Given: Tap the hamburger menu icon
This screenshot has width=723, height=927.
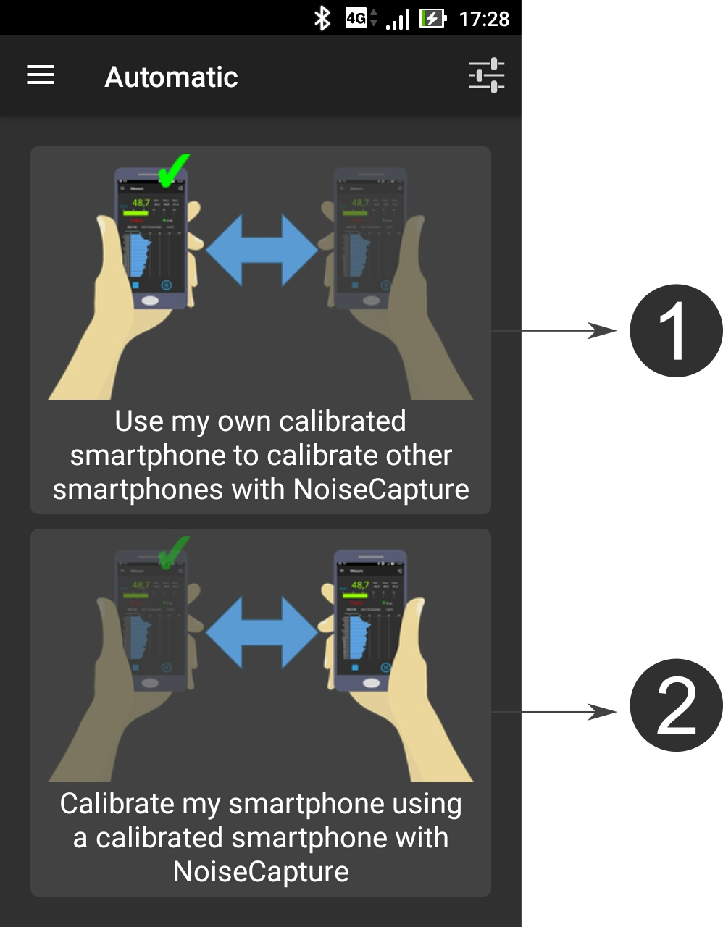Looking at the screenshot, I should (x=41, y=75).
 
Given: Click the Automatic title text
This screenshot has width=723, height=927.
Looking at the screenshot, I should (x=171, y=77).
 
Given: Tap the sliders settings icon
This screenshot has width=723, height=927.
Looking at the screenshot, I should (x=486, y=75).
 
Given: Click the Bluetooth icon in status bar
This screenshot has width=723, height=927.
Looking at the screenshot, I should (x=322, y=18).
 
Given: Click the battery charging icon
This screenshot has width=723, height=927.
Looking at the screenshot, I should (x=433, y=18).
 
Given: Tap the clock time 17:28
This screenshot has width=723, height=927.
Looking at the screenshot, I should (x=484, y=19).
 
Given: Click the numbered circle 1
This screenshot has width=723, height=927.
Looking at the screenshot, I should (x=675, y=331).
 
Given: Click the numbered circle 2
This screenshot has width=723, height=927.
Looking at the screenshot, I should (x=675, y=705).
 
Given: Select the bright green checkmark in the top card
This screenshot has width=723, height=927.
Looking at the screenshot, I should (x=173, y=169).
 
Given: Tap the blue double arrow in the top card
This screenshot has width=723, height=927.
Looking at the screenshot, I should (x=262, y=250).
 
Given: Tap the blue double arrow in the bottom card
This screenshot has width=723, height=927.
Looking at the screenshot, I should (x=262, y=632).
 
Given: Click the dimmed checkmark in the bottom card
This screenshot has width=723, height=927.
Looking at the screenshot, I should (x=173, y=552).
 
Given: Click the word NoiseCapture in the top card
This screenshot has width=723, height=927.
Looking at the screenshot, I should (x=381, y=490).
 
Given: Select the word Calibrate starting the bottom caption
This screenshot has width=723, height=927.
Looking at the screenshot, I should (x=117, y=804).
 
